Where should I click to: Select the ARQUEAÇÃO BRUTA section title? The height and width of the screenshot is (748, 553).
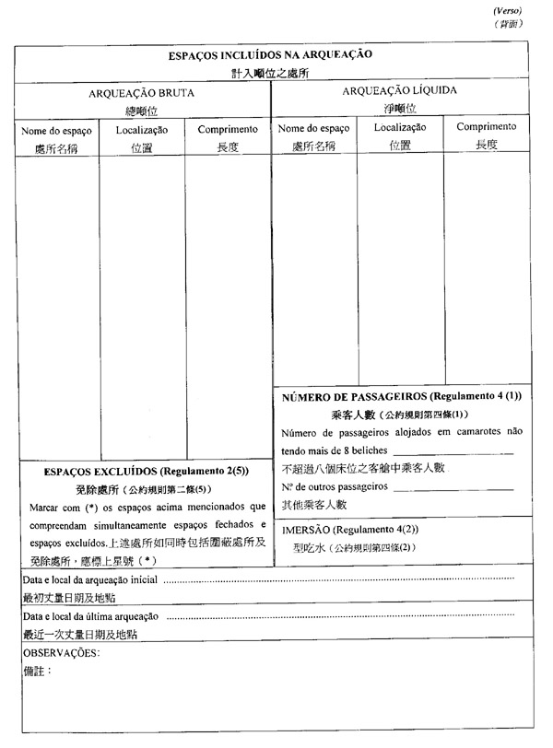click(141, 93)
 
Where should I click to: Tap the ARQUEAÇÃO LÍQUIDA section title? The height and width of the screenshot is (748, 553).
click(399, 90)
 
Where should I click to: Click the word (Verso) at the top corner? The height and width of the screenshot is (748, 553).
click(508, 9)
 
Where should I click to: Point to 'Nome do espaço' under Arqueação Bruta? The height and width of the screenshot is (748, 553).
click(56, 131)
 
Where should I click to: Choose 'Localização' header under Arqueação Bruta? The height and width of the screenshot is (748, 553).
click(142, 131)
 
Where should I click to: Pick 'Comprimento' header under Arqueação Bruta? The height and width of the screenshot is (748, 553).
click(228, 130)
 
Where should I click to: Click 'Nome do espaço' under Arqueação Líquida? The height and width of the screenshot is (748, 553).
click(313, 128)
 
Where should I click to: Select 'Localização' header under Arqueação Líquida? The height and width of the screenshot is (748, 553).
click(399, 127)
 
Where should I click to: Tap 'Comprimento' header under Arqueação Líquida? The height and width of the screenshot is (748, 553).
click(487, 127)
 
